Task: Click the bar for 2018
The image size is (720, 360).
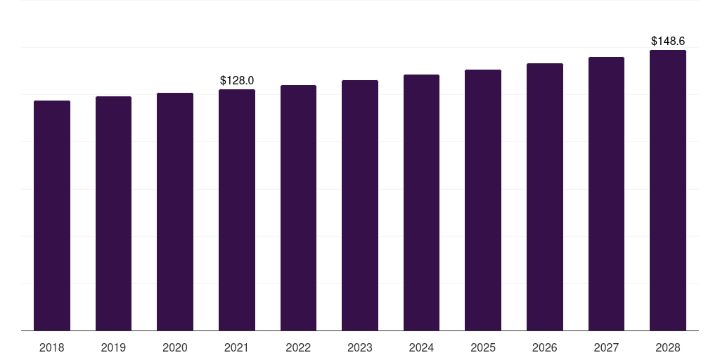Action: (x=52, y=215)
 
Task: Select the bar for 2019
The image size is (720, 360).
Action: (x=113, y=213)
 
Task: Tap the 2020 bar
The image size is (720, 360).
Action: (x=175, y=212)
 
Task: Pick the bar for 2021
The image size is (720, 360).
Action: (x=237, y=210)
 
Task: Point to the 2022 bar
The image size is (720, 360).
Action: (x=298, y=207)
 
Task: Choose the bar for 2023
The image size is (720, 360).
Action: (x=360, y=205)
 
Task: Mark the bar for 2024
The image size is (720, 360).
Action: (x=421, y=202)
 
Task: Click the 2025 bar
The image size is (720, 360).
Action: (x=483, y=200)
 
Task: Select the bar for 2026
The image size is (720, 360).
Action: (x=545, y=197)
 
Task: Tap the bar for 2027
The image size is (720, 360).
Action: (x=606, y=193)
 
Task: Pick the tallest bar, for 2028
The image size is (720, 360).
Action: (x=668, y=190)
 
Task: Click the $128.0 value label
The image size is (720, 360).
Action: (x=237, y=81)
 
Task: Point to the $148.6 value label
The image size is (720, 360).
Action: (x=668, y=41)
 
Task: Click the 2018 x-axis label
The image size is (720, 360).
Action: (x=52, y=347)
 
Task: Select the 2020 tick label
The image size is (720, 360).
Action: (x=175, y=347)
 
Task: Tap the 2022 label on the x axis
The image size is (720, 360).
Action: (x=298, y=347)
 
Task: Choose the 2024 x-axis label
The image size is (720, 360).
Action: (x=421, y=347)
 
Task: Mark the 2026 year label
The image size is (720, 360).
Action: (x=545, y=347)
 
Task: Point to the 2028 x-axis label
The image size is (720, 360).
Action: (x=668, y=347)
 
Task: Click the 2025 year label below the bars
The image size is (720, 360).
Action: (x=483, y=347)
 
